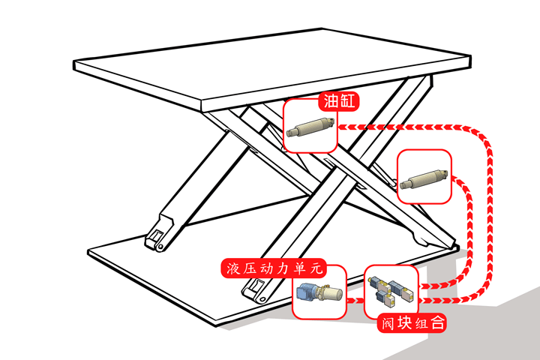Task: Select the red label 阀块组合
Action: point(412,323)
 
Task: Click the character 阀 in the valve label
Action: point(387,323)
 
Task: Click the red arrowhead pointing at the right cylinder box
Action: point(457,178)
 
